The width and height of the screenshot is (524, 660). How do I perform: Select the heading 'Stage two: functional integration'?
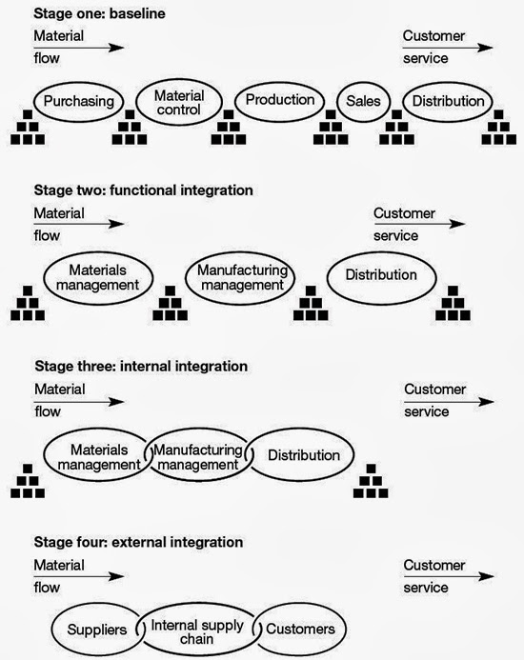tap(143, 190)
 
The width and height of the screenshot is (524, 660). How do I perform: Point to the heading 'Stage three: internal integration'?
tap(141, 366)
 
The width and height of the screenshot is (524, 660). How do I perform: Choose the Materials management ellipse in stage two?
tap(97, 276)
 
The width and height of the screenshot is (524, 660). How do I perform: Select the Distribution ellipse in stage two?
tap(381, 275)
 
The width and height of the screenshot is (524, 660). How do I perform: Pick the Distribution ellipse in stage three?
tap(304, 455)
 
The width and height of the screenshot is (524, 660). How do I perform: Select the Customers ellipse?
tap(300, 630)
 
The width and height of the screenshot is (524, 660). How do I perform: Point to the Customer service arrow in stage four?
tap(448, 577)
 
